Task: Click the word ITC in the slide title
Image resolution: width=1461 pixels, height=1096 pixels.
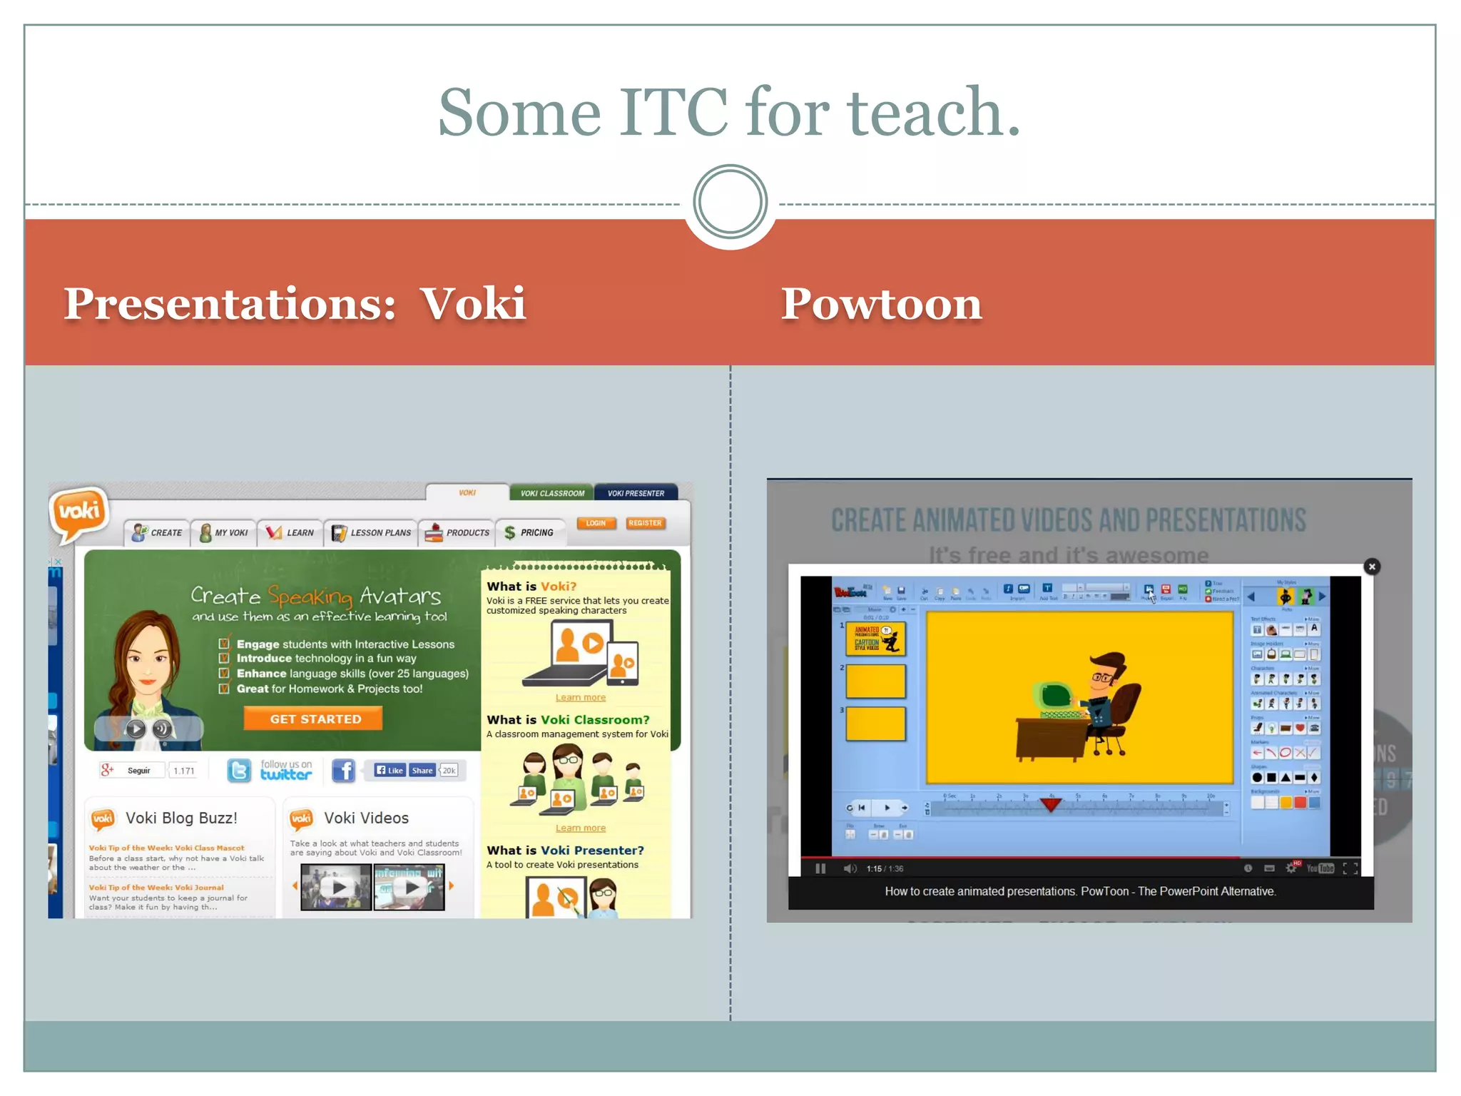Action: (673, 112)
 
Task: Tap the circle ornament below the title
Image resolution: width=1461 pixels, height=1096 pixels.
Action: (730, 202)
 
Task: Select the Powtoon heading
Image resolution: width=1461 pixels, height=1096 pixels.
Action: (881, 304)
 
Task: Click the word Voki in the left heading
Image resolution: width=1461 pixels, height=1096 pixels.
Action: (472, 304)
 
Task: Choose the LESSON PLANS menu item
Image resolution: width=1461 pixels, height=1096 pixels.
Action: (372, 533)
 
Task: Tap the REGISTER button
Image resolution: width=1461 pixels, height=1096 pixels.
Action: (645, 523)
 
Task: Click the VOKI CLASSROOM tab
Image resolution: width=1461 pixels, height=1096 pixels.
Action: (551, 493)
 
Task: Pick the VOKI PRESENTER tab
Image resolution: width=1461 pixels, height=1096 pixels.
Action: (636, 493)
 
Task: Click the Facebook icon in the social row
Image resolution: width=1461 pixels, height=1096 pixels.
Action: (344, 771)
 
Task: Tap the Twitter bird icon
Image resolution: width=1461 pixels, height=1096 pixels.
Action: (239, 771)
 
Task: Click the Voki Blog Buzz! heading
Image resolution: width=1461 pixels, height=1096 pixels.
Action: (181, 818)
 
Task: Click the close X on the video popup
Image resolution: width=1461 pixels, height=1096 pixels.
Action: (1371, 567)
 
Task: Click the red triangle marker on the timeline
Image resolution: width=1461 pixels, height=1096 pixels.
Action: (1050, 805)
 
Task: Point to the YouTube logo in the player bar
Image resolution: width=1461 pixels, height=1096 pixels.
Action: (1320, 868)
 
